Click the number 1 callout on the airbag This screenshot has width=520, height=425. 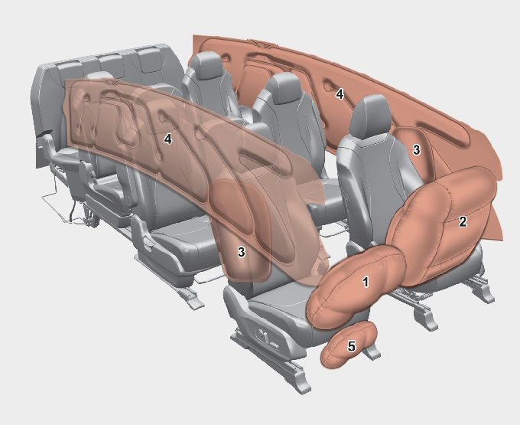tap(366, 282)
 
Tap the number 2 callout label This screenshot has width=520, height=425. tap(463, 221)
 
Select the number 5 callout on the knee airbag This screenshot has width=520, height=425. tap(351, 346)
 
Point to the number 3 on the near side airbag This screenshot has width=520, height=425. tap(242, 252)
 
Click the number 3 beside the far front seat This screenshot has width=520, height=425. tap(417, 150)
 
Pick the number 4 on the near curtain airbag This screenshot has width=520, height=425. tap(167, 139)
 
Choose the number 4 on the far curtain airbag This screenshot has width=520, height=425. tap(340, 94)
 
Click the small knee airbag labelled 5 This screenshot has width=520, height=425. tap(348, 345)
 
